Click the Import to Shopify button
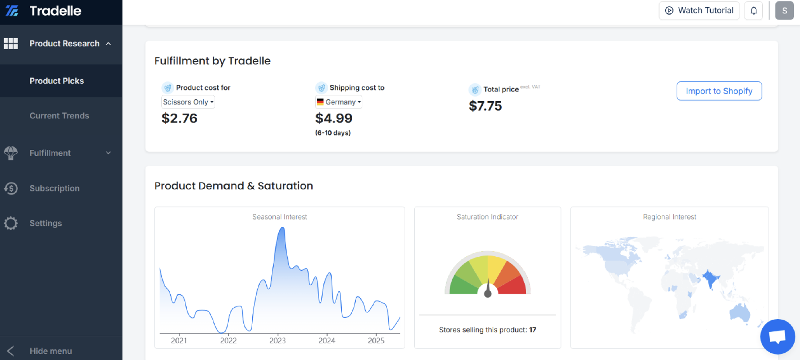pos(719,91)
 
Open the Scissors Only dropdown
pos(188,102)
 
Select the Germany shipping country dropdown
pos(338,102)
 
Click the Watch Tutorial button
pos(699,11)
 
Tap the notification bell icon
pos(754,11)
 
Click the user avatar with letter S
pos(784,11)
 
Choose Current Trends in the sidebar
pos(59,116)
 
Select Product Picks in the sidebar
pos(56,81)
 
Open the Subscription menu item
pos(54,188)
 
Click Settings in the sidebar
pos(46,223)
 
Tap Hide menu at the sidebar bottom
pos(51,351)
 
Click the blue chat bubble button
pos(777,336)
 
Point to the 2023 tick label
pos(277,341)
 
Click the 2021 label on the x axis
pos(179,341)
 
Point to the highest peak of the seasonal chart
pos(282,228)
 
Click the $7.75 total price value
pos(485,106)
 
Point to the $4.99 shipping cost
pos(334,118)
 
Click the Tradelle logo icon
pos(12,11)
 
